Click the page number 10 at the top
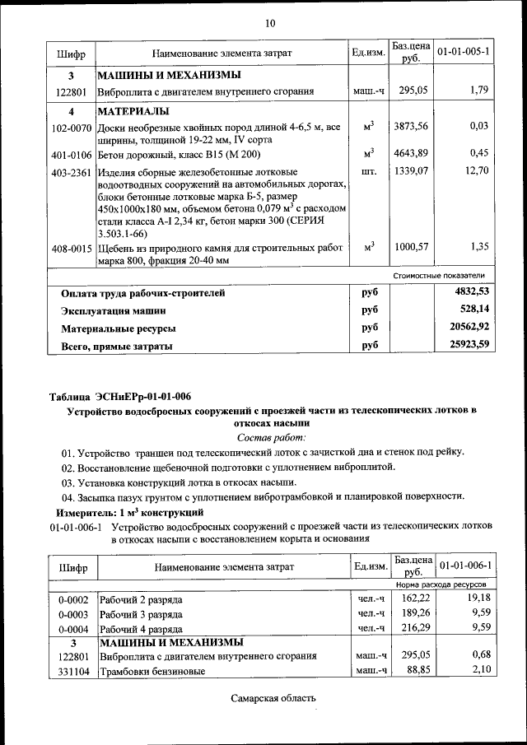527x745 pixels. [x=269, y=22]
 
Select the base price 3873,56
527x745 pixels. [x=412, y=125]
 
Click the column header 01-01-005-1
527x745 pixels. [x=464, y=51]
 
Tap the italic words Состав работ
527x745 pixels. [x=271, y=436]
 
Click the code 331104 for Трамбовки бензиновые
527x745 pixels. [x=72, y=671]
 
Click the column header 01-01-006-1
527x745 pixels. [x=464, y=566]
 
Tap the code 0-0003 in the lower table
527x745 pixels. [x=73, y=614]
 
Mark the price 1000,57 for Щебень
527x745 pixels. [x=412, y=246]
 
